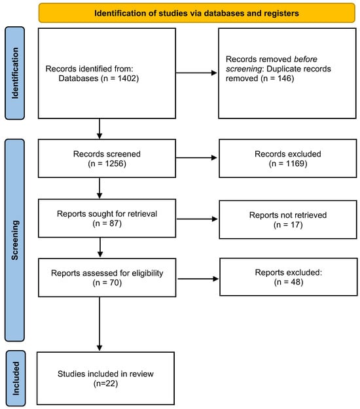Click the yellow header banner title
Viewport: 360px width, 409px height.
(x=196, y=13)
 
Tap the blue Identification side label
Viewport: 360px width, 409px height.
(x=15, y=73)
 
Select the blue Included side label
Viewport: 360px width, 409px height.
(x=16, y=378)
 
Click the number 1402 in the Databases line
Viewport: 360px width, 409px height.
(x=127, y=79)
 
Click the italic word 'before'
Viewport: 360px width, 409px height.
(x=306, y=59)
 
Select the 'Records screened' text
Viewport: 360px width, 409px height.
(x=107, y=154)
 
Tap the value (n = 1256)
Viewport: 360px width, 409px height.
(x=107, y=164)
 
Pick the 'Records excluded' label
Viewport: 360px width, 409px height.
(x=288, y=154)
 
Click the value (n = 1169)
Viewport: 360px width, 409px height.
(x=288, y=164)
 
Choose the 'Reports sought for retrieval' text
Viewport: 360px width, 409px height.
(x=107, y=214)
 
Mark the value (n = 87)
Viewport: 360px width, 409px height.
(x=107, y=224)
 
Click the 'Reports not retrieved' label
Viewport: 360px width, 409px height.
(x=288, y=215)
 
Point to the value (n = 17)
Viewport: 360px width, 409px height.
(x=288, y=224)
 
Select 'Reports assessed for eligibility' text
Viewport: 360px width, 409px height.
(x=107, y=273)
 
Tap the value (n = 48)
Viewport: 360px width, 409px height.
(x=289, y=282)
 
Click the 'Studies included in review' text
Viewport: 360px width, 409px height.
(x=105, y=374)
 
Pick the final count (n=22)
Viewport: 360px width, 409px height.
(x=105, y=383)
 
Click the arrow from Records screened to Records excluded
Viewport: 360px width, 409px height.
(x=196, y=158)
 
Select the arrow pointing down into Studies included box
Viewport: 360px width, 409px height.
(x=99, y=324)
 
